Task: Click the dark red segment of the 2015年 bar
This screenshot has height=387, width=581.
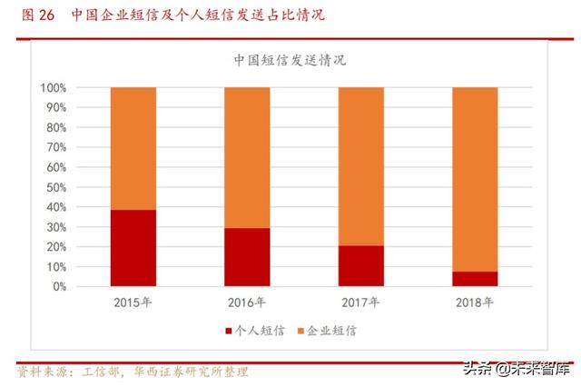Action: coord(133,248)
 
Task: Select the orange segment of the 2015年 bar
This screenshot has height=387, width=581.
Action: coord(133,148)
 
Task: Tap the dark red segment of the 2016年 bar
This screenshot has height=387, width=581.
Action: coord(247,257)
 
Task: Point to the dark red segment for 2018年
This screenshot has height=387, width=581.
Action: coord(474,279)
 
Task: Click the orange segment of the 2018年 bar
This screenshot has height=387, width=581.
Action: coord(474,179)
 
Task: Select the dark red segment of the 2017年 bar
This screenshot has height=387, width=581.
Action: coord(360,266)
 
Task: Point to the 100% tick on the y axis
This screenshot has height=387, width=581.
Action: coord(53,88)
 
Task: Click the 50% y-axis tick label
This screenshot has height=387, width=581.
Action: coord(55,187)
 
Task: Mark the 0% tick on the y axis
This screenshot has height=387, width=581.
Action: coord(59,286)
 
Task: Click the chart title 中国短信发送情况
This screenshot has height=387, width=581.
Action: coord(290,62)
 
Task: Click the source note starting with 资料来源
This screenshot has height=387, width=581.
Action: coord(133,372)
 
